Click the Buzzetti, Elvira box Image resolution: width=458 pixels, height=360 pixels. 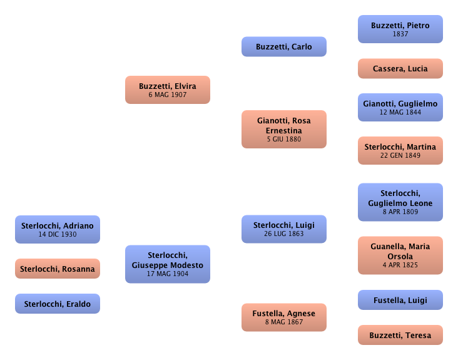[167, 90]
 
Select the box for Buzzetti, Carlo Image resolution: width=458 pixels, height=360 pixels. [283, 47]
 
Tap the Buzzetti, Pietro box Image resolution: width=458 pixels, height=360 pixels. [400, 29]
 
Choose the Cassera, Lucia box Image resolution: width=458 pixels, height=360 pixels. [400, 69]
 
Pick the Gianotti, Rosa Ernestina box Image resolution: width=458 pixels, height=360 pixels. [283, 130]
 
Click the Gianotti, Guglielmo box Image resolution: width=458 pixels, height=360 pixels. [400, 107]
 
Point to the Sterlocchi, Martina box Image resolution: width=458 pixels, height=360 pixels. [400, 151]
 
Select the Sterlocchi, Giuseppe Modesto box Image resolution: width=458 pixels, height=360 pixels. [167, 264]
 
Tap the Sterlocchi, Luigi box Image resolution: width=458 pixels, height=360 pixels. [283, 229]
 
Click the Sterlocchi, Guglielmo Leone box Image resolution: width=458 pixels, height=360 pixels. [400, 202]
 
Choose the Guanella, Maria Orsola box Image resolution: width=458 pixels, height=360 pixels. [400, 255]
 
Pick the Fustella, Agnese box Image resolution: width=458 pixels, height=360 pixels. [283, 317]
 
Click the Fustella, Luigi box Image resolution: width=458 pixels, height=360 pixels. [400, 301]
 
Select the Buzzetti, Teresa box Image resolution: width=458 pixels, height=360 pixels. [400, 336]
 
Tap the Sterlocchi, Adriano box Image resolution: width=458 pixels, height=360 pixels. [57, 229]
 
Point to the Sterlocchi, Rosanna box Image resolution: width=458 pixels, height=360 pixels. [57, 269]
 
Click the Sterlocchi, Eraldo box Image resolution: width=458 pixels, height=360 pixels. [57, 304]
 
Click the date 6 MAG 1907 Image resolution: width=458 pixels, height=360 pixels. [167, 95]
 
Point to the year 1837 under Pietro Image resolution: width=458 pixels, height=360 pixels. [400, 34]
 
